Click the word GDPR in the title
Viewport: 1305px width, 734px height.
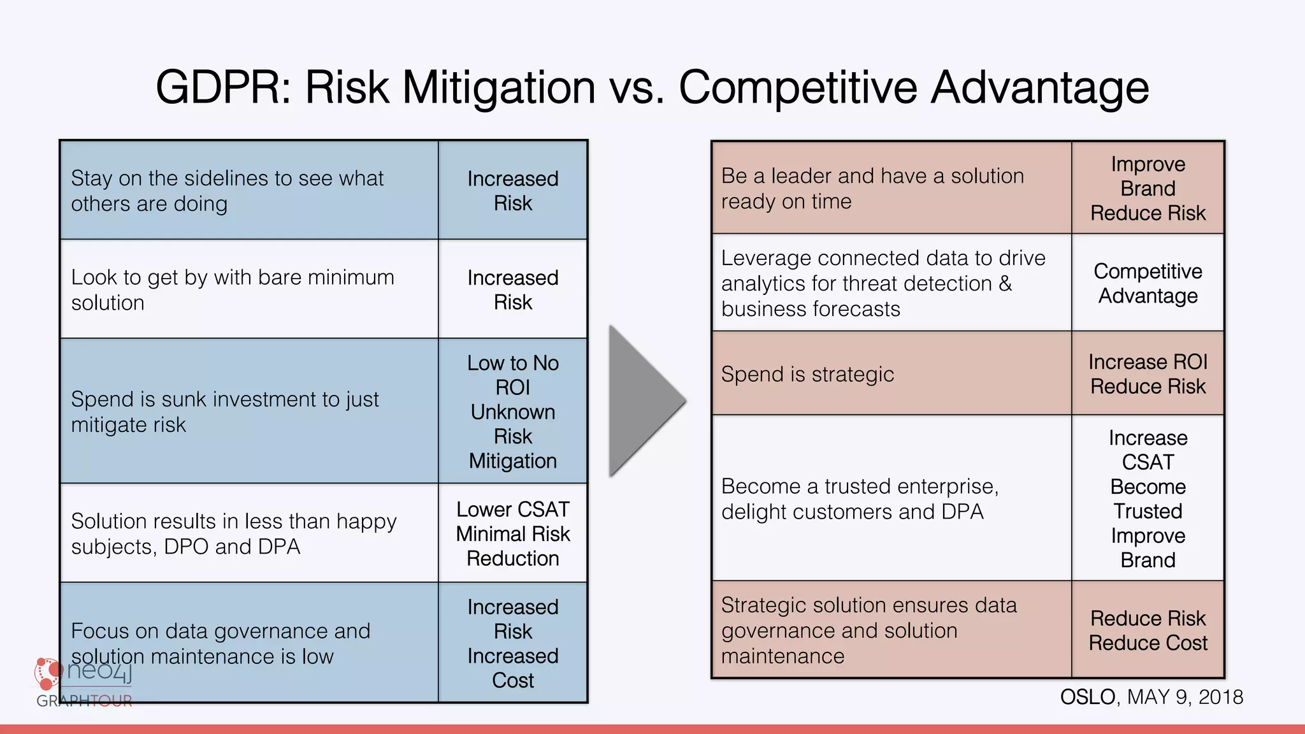[223, 87]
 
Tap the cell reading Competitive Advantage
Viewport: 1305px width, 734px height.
[1148, 283]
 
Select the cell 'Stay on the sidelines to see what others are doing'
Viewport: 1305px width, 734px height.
[249, 191]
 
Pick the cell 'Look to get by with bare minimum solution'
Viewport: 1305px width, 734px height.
[249, 289]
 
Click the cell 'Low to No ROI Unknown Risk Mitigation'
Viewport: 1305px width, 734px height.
[512, 412]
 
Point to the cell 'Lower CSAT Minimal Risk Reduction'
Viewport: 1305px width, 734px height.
[512, 533]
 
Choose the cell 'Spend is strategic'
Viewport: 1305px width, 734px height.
[891, 374]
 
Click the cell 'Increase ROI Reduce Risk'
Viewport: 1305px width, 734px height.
[1148, 374]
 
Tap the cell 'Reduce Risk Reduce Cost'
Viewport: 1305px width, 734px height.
[1148, 630]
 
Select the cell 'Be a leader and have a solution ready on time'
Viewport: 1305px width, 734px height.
[891, 188]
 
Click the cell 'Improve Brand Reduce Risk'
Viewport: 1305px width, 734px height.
[1148, 188]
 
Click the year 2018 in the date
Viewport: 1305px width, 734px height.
[1220, 697]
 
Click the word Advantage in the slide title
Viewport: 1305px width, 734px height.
[1040, 87]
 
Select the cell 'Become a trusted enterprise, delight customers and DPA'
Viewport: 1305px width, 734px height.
[891, 498]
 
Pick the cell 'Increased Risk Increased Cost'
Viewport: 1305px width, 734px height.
[512, 643]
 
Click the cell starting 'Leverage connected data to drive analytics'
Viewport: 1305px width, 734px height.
[891, 283]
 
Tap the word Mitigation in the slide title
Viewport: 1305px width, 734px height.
[499, 87]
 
